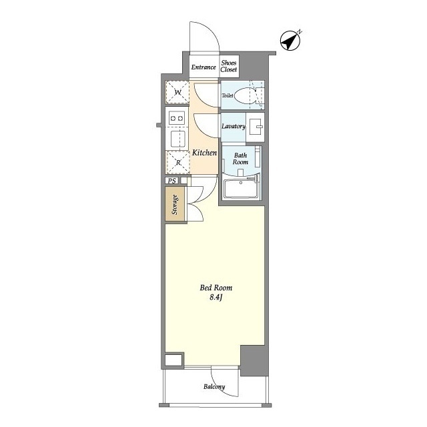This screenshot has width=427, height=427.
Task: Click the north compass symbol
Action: [290, 41]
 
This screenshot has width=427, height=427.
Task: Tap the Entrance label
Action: [203, 67]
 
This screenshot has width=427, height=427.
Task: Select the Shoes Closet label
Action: [229, 66]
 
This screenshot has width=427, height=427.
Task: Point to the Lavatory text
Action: [234, 126]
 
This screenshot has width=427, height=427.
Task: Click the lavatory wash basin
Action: [255, 127]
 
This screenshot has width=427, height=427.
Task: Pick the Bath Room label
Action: [240, 159]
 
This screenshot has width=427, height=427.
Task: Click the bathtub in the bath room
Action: [241, 188]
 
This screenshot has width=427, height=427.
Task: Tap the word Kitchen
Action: [205, 153]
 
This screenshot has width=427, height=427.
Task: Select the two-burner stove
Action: [177, 118]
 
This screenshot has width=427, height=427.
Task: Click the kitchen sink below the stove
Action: [178, 139]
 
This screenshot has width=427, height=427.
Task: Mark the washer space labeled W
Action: [177, 92]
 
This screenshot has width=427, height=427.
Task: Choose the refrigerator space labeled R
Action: [178, 163]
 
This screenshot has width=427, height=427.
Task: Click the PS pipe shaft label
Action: [172, 181]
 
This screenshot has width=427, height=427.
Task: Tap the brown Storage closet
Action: [175, 203]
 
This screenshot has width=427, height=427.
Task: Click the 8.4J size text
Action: [216, 297]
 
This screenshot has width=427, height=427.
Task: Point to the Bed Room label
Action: [216, 288]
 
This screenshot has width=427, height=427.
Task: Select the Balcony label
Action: [214, 387]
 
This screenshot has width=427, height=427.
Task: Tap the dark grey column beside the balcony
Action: [254, 360]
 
